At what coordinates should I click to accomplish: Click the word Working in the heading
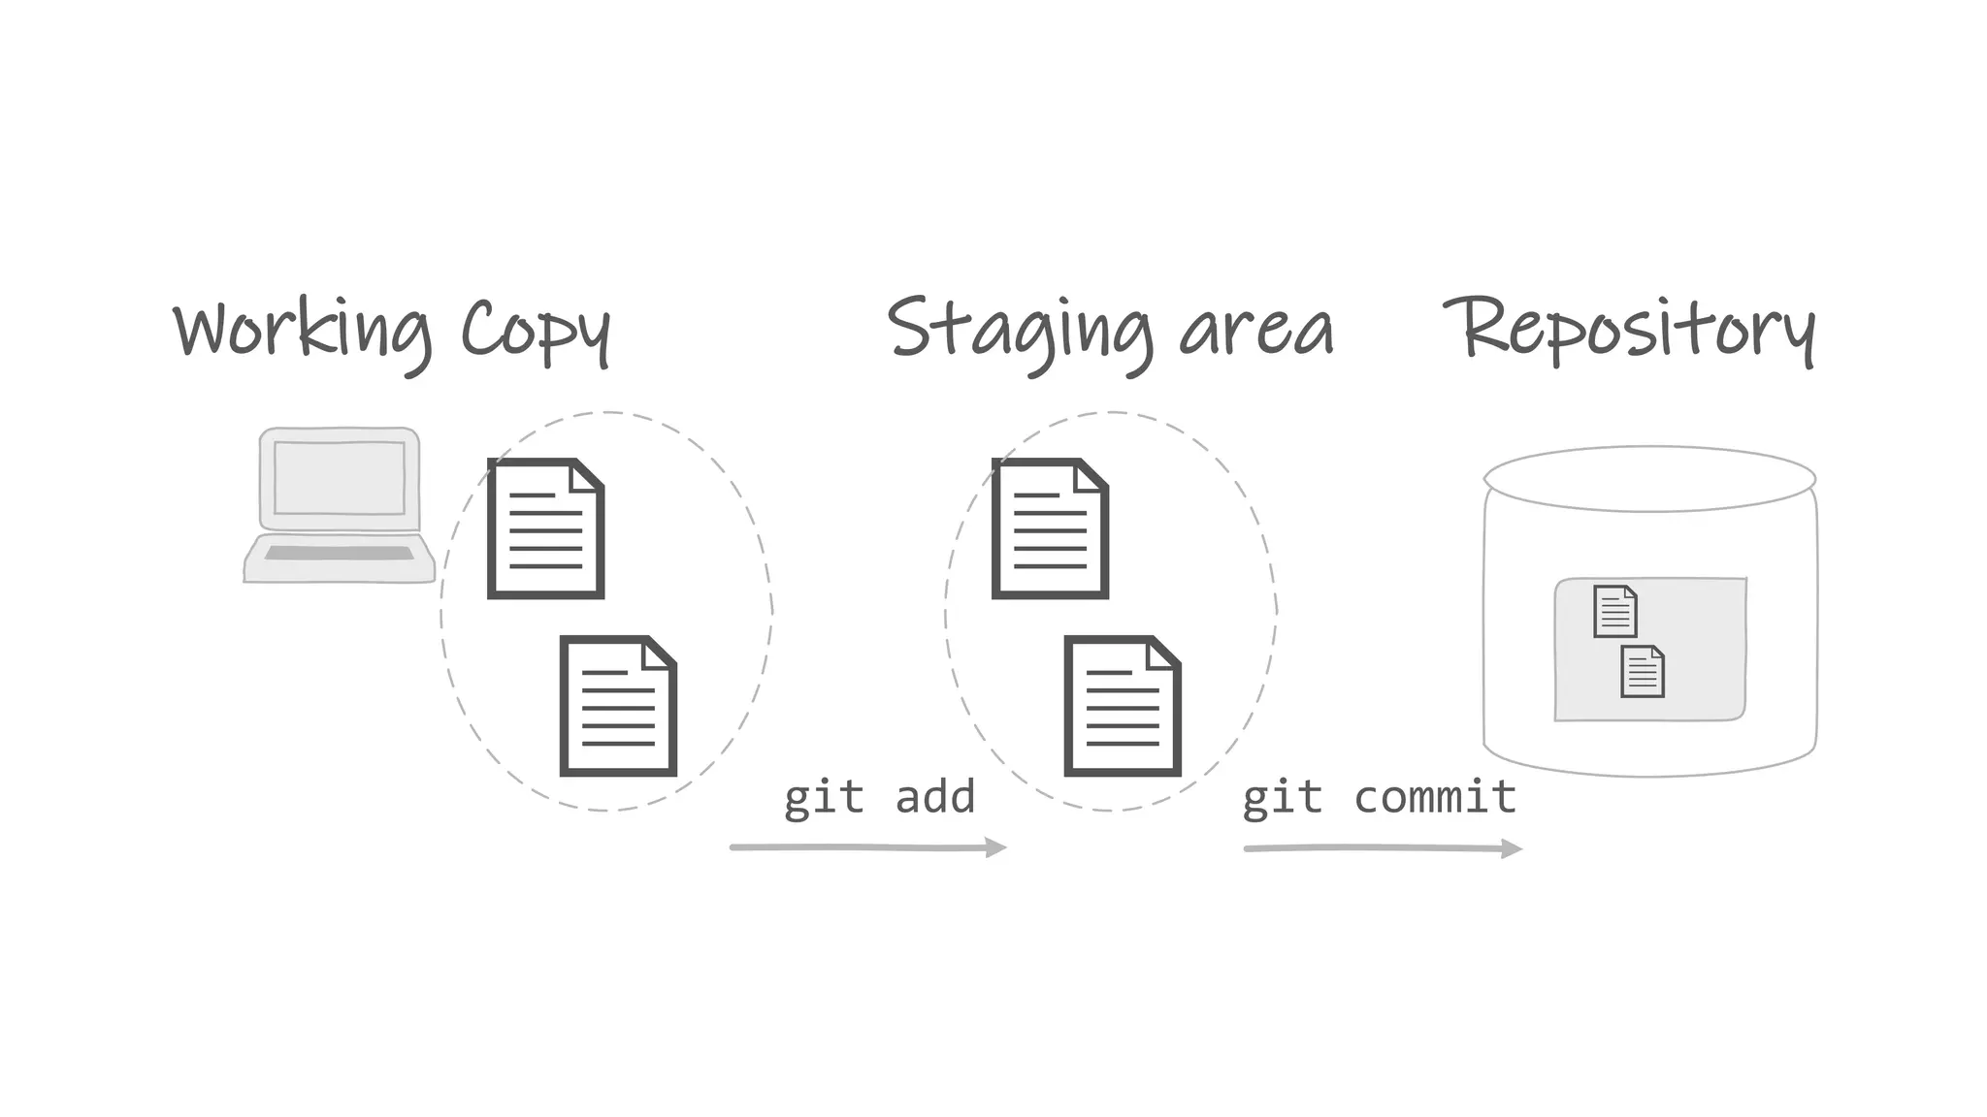point(301,332)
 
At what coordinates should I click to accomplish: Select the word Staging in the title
point(1019,332)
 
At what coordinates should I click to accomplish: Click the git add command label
point(879,798)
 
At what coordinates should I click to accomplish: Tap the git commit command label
point(1379,798)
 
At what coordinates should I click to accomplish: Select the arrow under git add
point(868,848)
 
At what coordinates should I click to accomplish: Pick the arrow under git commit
point(1383,849)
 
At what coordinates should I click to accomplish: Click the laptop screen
point(340,478)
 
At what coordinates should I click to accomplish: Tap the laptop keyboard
point(339,554)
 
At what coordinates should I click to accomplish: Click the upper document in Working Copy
point(545,528)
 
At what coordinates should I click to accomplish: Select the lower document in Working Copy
point(618,706)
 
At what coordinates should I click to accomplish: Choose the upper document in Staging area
point(1050,528)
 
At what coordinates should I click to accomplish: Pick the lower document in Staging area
point(1123,706)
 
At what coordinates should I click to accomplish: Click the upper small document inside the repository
point(1615,611)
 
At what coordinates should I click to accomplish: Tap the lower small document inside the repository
point(1643,671)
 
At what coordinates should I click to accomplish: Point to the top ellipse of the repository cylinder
point(1649,479)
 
